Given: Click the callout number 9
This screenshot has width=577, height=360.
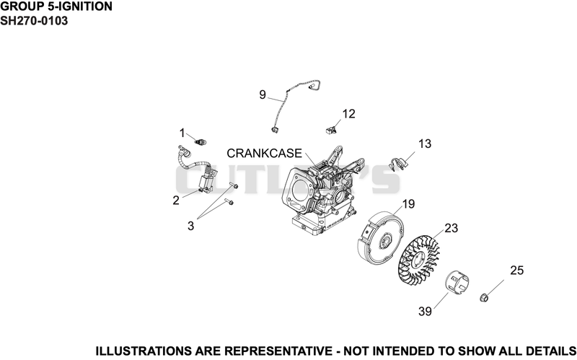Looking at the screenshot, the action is pos(263,95).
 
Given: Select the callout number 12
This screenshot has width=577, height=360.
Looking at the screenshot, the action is pos(348,114).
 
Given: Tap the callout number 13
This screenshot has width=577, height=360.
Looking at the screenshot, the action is pos(425,144).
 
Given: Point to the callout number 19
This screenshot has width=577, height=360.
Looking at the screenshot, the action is pos(408,204).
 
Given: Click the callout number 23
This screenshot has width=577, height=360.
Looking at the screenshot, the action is pos(452,228).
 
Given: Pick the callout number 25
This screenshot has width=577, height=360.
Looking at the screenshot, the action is pos(516,271).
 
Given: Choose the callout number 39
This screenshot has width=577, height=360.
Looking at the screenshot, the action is pos(425,312).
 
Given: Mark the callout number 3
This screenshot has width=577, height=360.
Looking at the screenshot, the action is pos(190,226).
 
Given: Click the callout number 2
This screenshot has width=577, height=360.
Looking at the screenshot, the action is pos(176,201).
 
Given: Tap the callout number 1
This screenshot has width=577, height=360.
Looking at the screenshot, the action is pos(182,133).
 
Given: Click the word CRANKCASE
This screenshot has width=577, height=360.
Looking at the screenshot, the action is pos(264,153).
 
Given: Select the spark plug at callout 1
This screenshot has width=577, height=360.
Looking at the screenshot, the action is pos(201,142).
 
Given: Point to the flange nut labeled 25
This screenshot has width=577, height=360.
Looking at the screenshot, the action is pos(484,297).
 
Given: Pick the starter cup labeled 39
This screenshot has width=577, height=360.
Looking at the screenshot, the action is pos(457,284).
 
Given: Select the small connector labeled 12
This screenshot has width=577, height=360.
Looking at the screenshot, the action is pos(331,129).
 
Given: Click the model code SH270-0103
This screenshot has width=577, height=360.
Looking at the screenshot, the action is pos(34,21).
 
